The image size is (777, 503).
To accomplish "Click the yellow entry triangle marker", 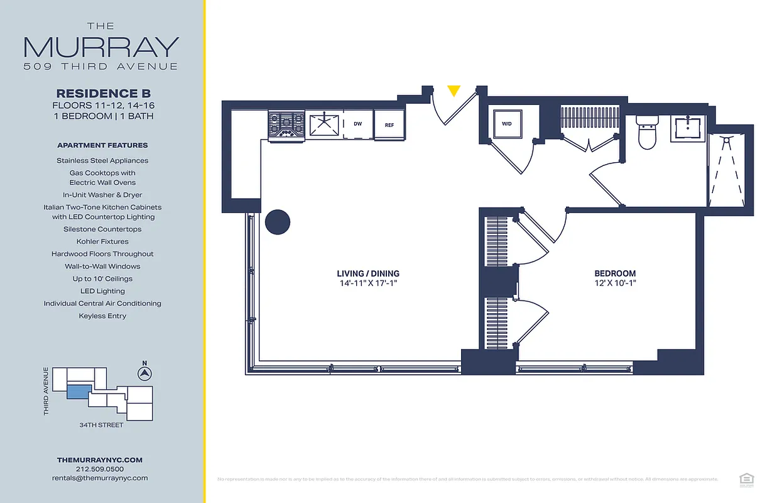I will click(x=453, y=91).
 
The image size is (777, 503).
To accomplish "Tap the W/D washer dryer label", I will click(x=506, y=124).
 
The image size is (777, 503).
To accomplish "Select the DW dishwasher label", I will click(x=357, y=124).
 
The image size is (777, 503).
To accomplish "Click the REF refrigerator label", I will click(x=389, y=125).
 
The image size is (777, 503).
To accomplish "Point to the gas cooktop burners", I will click(x=286, y=124).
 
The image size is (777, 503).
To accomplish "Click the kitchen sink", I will click(x=323, y=124).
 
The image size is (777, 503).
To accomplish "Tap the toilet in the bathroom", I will click(x=646, y=133).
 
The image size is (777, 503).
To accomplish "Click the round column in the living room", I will click(x=277, y=222).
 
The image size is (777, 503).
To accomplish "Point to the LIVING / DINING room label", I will click(x=368, y=274).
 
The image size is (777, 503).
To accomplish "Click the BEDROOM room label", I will click(x=615, y=274).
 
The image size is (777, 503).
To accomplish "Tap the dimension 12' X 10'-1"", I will click(x=615, y=284).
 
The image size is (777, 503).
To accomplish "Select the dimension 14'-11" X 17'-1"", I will click(x=368, y=284).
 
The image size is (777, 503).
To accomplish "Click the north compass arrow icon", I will click(x=144, y=374).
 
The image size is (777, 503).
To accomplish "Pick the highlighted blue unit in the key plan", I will click(x=79, y=392).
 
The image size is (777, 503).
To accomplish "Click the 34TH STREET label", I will click(x=101, y=425).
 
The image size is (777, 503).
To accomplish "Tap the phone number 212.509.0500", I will click(x=99, y=469).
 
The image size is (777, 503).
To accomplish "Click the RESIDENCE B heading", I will click(x=103, y=94).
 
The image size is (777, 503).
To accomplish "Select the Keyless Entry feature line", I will click(x=102, y=316).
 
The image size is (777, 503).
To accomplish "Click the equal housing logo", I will click(x=746, y=479).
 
